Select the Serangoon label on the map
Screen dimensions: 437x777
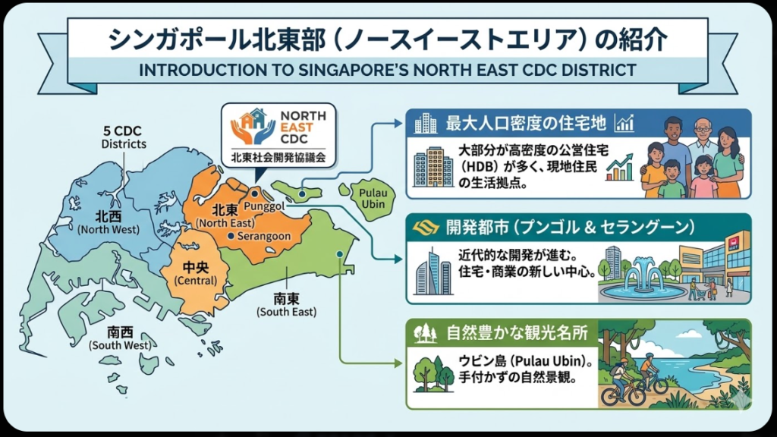tap(264, 237)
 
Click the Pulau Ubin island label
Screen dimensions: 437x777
tap(373, 200)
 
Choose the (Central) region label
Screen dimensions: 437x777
tap(195, 281)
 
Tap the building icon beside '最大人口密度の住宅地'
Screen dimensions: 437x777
tap(426, 123)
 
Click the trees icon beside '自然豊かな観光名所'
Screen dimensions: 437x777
tap(425, 332)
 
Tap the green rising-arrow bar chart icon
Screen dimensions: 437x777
tap(620, 168)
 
